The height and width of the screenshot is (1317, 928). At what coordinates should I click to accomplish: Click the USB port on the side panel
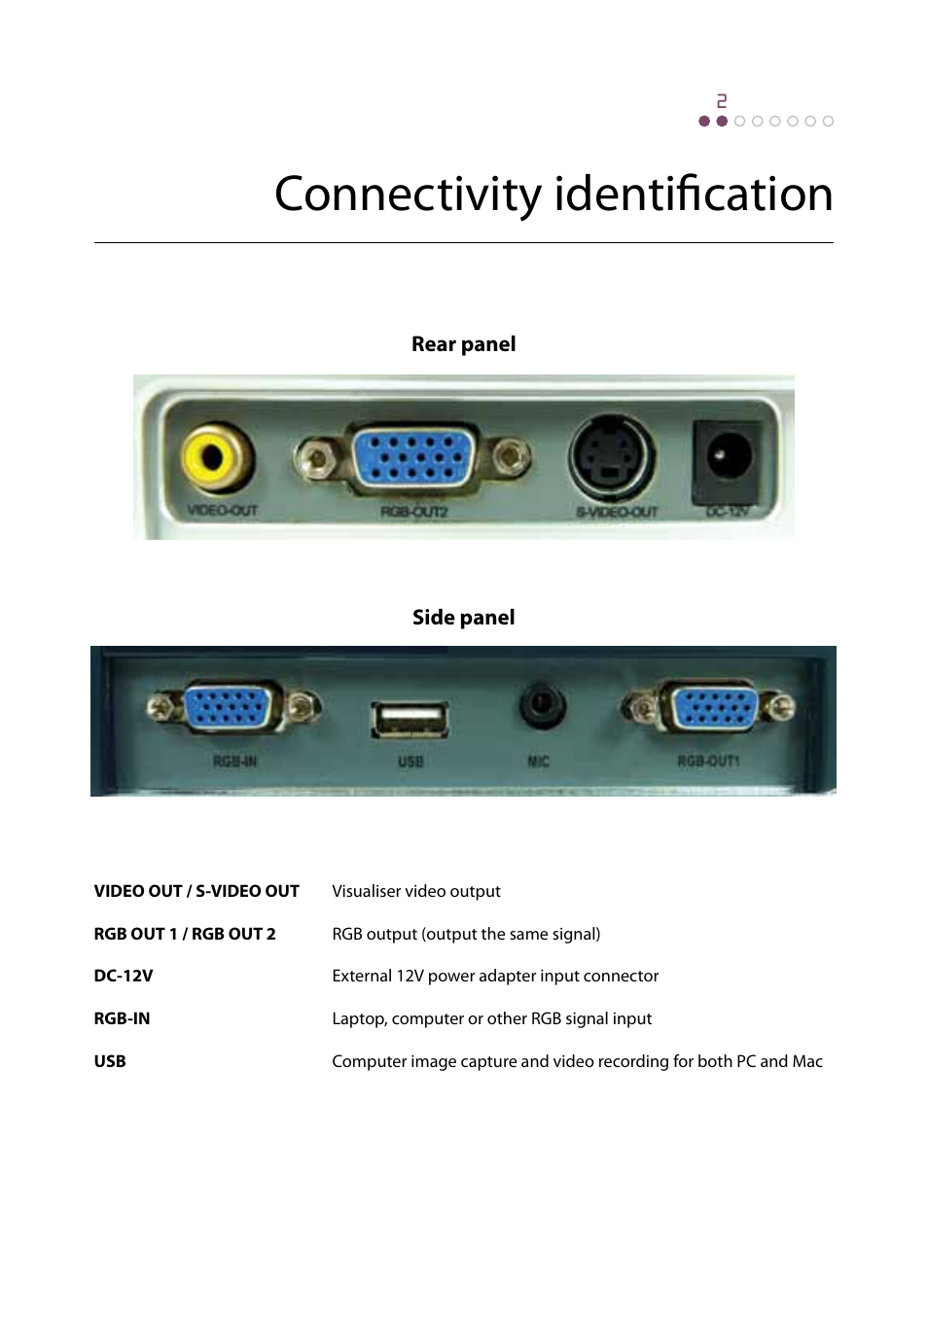[410, 721]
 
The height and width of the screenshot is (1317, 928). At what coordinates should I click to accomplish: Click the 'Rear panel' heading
[463, 344]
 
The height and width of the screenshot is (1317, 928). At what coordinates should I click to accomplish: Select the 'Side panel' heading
[463, 618]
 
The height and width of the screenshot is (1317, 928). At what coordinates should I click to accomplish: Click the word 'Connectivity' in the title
[408, 195]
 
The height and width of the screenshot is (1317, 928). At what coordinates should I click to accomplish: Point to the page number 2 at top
[722, 101]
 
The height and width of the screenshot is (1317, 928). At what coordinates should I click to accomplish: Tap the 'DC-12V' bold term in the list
[124, 976]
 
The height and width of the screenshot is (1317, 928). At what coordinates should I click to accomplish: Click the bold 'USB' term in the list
[110, 1061]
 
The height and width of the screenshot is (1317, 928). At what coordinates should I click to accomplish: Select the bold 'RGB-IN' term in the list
[122, 1018]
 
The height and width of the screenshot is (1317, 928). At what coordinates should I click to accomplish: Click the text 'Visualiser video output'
[416, 891]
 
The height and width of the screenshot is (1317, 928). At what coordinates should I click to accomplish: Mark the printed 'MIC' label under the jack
[538, 762]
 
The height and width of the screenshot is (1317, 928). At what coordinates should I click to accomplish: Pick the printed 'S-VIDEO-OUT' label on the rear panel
[617, 512]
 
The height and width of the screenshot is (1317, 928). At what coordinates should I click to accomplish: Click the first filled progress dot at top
[704, 122]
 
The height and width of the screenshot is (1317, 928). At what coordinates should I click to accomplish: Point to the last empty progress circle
[828, 122]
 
